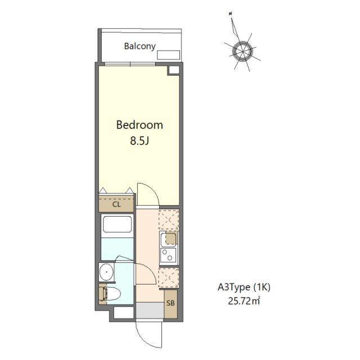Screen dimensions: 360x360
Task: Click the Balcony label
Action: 139,46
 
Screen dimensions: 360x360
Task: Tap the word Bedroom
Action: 139,125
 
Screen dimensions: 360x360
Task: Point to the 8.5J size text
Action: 139,141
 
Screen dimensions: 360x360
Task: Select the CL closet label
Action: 116,204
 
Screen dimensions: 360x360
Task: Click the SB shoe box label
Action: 170,303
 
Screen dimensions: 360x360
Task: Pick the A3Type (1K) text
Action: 244,287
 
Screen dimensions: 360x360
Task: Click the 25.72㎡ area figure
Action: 244,300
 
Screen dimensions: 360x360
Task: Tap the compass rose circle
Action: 242,51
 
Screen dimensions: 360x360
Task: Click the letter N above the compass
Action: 230,13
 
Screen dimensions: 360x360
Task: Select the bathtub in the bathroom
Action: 118,224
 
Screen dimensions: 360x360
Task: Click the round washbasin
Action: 107,272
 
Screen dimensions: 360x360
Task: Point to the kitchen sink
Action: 169,239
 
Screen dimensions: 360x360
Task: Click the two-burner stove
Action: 168,255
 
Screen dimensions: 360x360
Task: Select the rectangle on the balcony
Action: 168,55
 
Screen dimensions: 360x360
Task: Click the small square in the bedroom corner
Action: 174,70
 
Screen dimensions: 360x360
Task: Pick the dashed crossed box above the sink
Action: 169,219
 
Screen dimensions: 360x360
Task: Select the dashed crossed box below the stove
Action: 169,277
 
